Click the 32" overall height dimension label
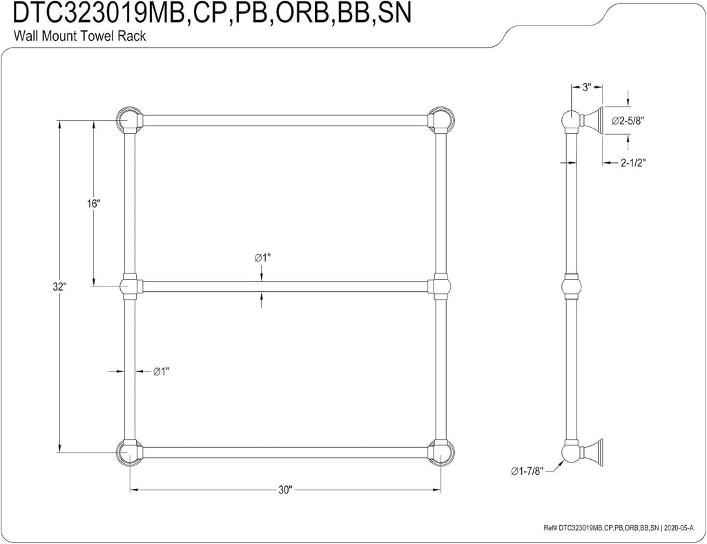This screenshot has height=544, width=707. coord(59,286)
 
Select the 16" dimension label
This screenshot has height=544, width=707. coord(93,204)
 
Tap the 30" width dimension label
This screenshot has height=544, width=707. coord(285,490)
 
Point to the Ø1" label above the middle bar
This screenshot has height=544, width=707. coord(262,258)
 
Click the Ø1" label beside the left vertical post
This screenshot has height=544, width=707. coord(161,371)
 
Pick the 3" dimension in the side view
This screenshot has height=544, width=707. coord(586,88)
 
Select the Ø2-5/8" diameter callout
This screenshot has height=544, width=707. coord(628,121)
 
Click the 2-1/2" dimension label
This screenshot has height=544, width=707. coord(633,163)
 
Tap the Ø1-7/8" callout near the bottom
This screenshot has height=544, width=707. coord(527,471)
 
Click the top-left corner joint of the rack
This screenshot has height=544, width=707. coord(129,121)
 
